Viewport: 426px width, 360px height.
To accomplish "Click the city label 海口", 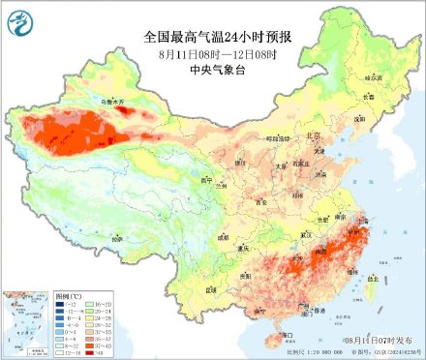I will pos(287,335).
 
